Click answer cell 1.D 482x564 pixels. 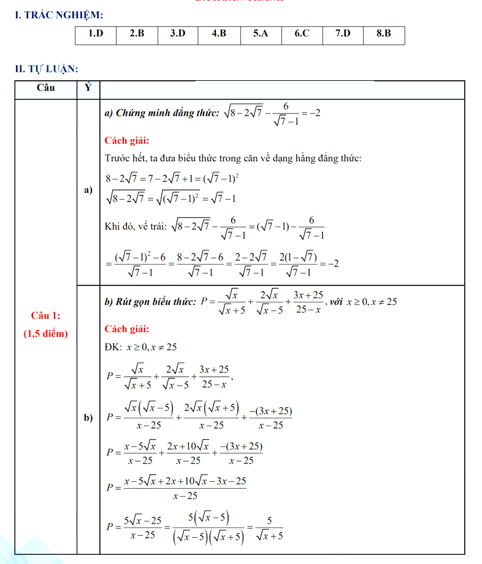(96, 34)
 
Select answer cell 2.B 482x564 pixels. (137, 34)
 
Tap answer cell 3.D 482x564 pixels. (178, 34)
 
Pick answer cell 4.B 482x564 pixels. (219, 34)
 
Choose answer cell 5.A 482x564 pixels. (261, 34)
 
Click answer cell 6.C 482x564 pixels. (302, 34)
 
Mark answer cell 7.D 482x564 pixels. (343, 34)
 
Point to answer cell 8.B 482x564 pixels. (384, 34)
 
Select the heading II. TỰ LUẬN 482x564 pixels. (47, 69)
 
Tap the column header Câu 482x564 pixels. (46, 88)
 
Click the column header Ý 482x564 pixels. (88, 88)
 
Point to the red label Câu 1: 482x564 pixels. (46, 315)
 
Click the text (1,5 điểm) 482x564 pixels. (46, 334)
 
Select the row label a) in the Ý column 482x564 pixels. (88, 190)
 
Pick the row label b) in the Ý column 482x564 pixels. (88, 418)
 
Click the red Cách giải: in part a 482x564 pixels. (127, 140)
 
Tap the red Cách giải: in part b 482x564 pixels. (127, 329)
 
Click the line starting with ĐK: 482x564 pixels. (140, 347)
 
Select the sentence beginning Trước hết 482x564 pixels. (233, 159)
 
